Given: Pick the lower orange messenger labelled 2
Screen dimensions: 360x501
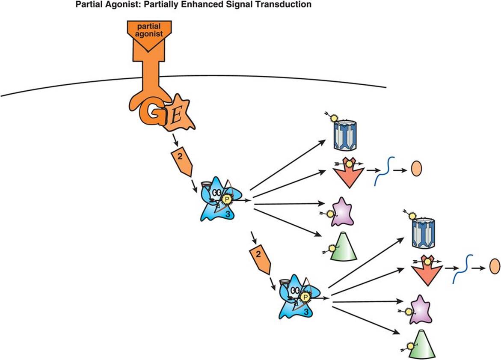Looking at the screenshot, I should (x=260, y=259).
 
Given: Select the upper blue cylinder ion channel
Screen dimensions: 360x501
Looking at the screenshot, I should (x=345, y=136).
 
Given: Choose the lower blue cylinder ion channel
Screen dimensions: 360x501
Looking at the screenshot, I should (x=422, y=234).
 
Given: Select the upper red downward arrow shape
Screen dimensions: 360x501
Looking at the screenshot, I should (x=348, y=173).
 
